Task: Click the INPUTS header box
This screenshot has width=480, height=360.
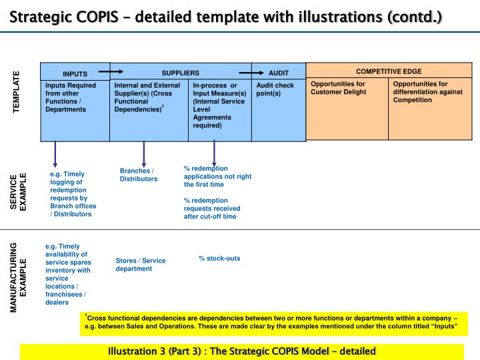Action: click(x=75, y=73)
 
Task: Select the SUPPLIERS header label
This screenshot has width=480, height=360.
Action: click(x=180, y=71)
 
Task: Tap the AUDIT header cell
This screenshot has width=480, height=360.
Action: click(x=278, y=72)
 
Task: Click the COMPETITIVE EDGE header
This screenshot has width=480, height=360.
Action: click(x=389, y=71)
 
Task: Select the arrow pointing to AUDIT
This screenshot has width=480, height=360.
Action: click(x=251, y=71)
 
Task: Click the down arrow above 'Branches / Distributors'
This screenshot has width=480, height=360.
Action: click(x=144, y=153)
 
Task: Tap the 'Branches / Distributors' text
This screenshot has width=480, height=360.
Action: click(x=139, y=175)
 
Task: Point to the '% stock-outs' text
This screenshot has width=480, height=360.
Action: click(x=219, y=258)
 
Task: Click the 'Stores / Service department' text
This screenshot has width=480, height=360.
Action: click(x=141, y=265)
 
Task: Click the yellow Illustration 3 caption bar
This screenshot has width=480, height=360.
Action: click(x=241, y=351)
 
